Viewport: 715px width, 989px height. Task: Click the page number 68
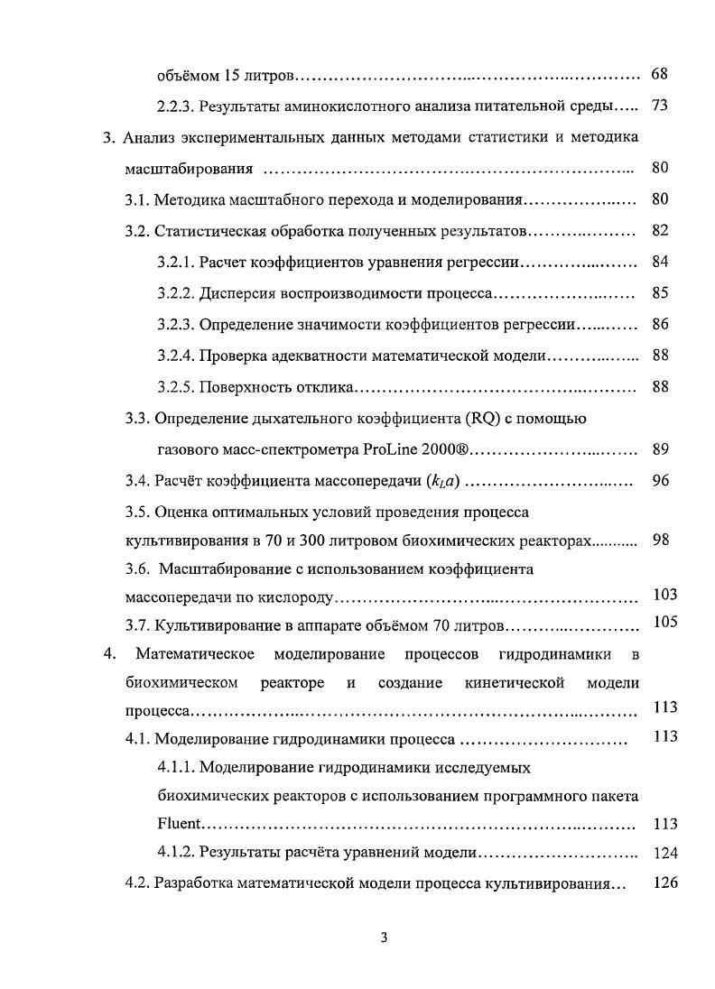659,73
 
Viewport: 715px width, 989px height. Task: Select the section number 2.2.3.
175,106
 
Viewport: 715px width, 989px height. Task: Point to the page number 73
659,106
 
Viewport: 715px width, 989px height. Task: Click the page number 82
659,230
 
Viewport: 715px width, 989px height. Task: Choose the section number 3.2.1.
175,262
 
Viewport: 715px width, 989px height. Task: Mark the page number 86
659,324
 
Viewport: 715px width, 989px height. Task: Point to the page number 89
659,449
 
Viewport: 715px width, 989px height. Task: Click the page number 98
659,540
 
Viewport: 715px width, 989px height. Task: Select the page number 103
664,595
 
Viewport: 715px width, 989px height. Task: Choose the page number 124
664,853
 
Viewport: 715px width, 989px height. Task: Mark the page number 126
664,883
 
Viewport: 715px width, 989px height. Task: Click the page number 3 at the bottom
384,938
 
